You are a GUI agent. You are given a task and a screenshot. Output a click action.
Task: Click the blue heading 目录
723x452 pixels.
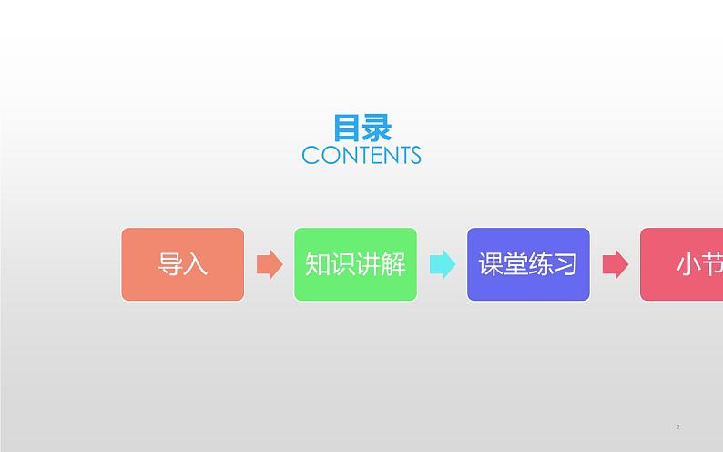(x=361, y=127)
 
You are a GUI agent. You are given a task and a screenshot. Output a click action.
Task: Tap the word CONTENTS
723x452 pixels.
(x=361, y=155)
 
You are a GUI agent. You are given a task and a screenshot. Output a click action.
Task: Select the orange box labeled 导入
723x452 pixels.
(x=183, y=264)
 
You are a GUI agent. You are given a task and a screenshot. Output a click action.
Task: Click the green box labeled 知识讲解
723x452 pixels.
(x=355, y=264)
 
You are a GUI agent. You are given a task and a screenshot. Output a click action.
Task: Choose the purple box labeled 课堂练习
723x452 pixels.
(x=528, y=264)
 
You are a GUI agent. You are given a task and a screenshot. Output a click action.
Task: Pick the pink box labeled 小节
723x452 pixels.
(x=683, y=264)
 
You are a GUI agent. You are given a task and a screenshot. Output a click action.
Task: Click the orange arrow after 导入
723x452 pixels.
(x=270, y=264)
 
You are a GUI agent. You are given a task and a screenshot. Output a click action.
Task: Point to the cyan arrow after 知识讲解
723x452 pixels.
(x=443, y=264)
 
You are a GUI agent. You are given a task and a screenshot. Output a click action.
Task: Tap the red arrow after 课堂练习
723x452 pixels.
(x=616, y=264)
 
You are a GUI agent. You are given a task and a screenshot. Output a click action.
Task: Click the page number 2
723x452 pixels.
(x=678, y=426)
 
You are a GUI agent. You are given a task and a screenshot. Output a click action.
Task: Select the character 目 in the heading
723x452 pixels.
(x=347, y=127)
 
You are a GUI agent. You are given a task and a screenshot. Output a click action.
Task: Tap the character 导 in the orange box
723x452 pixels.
(x=170, y=264)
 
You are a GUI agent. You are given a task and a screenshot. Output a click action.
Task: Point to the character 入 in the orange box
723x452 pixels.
(x=196, y=264)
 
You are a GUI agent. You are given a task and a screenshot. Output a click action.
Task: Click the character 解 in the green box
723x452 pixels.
(x=393, y=264)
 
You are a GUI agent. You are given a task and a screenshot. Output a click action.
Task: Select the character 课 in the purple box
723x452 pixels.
(x=491, y=264)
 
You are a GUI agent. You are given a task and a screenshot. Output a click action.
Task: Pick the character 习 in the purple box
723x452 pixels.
(x=565, y=264)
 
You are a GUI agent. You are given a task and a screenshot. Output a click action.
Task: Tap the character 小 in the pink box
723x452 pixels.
(x=688, y=264)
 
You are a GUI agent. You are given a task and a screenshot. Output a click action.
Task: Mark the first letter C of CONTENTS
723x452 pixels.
(x=310, y=155)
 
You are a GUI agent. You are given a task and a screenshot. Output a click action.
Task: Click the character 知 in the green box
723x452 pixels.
(x=317, y=264)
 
